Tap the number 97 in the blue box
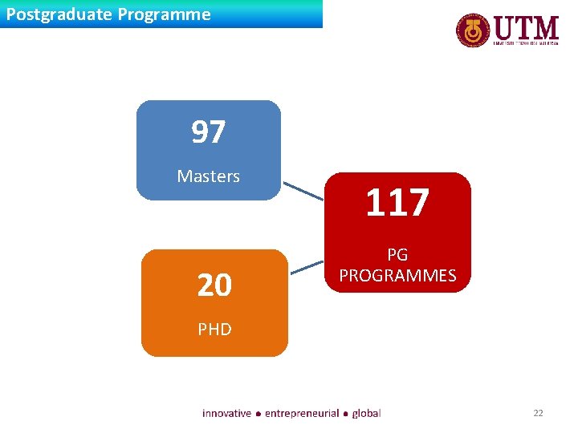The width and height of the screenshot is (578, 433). tap(208, 132)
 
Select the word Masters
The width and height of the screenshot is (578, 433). tap(208, 176)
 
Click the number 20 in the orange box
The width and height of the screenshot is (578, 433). tap(214, 285)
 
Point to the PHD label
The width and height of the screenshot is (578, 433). tap(214, 329)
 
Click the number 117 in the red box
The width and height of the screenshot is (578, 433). tap(397, 203)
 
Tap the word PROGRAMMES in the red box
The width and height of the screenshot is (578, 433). tap(397, 276)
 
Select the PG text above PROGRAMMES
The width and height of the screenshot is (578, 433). tap(397, 255)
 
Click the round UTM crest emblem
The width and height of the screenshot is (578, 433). tap(474, 31)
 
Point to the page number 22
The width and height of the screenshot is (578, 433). tap(538, 413)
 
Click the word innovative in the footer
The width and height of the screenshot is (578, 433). tap(226, 413)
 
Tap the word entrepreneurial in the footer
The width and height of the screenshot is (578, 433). tap(302, 413)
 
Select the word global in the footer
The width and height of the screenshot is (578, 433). tap(366, 413)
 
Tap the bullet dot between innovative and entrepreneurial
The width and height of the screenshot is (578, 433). tap(258, 414)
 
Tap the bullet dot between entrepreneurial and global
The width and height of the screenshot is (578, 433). tap(346, 414)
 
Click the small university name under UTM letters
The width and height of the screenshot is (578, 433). tap(526, 44)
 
